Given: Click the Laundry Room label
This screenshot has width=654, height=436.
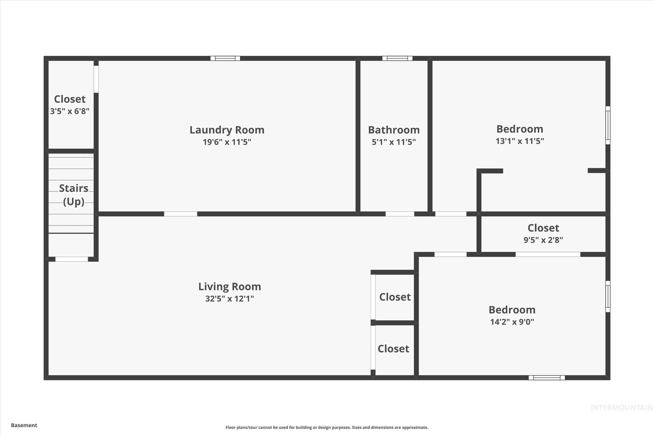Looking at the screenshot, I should [x=227, y=130].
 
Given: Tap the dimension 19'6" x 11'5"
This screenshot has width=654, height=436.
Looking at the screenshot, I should [x=227, y=142].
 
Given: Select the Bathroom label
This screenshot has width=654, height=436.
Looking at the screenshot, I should [x=394, y=130].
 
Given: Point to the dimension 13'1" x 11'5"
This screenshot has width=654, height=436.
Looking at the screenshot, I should [x=520, y=141].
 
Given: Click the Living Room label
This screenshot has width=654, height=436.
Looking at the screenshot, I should [x=229, y=287].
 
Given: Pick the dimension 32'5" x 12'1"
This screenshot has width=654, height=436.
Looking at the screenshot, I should [x=229, y=299].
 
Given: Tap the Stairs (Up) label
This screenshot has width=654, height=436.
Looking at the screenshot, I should [x=73, y=195].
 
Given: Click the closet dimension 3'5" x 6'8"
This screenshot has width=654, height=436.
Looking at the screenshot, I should [x=69, y=111].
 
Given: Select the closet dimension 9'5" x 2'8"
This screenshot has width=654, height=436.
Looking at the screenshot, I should [x=543, y=240].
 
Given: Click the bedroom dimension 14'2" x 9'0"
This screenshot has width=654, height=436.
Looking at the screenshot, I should [x=512, y=322].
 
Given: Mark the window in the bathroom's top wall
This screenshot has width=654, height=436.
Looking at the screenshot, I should [x=397, y=58].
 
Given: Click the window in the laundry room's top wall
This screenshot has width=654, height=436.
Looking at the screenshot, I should [x=225, y=58].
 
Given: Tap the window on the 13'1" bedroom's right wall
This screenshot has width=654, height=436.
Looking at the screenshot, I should [x=608, y=125].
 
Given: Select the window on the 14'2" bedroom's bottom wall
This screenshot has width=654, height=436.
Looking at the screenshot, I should [x=546, y=378].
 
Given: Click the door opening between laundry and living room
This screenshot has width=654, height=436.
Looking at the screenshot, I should [x=180, y=214].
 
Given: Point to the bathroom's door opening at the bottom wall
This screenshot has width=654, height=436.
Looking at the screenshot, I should [x=399, y=214].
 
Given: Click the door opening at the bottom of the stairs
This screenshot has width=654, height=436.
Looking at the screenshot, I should [x=71, y=259].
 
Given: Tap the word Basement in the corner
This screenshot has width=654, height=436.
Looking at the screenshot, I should [x=24, y=425].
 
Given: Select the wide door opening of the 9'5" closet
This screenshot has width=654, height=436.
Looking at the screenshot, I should [x=548, y=255].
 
